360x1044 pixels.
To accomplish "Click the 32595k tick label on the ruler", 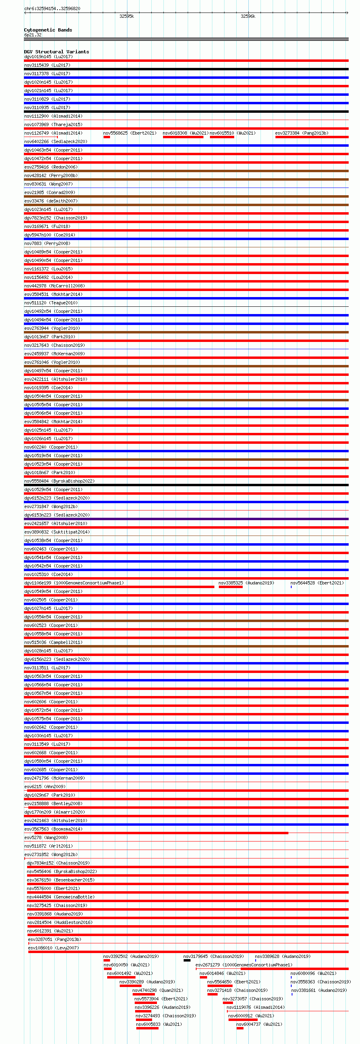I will (127, 16).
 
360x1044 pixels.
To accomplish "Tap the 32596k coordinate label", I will (248, 16).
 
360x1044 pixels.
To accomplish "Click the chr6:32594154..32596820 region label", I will (52, 8).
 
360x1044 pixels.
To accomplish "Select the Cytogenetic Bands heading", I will (48, 30).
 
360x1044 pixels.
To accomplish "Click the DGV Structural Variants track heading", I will (56, 52).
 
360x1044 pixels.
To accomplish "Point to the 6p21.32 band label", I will (33, 35).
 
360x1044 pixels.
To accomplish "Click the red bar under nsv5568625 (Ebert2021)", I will (107, 137).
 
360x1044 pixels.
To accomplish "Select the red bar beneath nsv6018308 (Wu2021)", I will (183, 137).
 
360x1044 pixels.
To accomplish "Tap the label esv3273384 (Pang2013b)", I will (302, 133).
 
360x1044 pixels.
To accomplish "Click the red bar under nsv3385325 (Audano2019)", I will (230, 587).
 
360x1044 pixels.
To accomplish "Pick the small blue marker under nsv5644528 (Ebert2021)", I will (291, 587).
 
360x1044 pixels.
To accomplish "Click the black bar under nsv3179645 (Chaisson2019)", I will (187, 960).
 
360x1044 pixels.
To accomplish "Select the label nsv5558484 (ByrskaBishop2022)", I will (59, 481).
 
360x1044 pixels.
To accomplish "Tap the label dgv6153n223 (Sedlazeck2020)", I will (57, 515).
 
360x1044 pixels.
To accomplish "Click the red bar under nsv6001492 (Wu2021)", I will (121, 977).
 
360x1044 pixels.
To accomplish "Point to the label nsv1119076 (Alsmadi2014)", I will (255, 1007).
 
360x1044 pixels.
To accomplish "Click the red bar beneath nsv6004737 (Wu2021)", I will (240, 1028).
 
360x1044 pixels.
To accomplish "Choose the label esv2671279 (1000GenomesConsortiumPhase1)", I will (244, 964).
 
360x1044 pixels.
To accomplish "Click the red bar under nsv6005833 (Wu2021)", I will (147, 1028).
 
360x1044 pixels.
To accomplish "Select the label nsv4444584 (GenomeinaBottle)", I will (60, 897).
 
